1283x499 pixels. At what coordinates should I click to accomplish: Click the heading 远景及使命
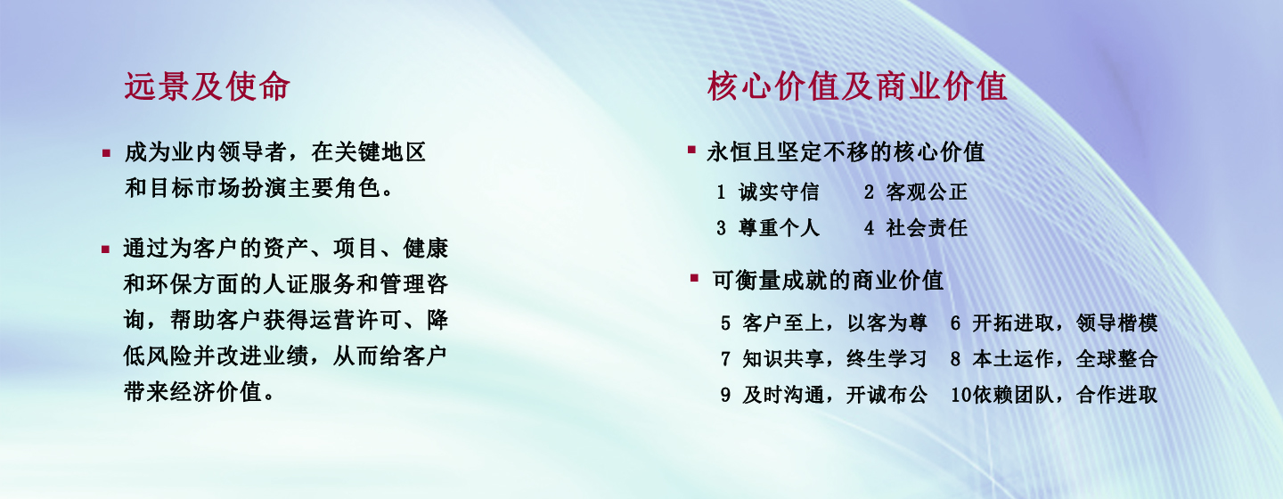click(208, 86)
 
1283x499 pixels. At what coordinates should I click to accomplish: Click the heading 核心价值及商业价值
click(857, 86)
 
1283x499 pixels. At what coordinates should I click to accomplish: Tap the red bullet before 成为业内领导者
click(106, 153)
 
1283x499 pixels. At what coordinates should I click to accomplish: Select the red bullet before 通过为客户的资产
click(105, 250)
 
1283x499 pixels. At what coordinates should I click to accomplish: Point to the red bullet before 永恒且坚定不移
click(691, 150)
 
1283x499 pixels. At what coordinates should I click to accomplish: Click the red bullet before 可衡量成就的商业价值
click(694, 278)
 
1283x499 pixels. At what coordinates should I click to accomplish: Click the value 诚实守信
click(779, 192)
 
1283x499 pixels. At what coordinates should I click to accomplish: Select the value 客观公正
click(927, 192)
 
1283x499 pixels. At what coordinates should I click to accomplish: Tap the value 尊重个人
click(779, 228)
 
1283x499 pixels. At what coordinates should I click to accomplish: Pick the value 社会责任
click(927, 228)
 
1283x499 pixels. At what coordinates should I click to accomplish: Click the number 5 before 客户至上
click(725, 323)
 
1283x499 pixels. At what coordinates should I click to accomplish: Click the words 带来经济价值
click(193, 392)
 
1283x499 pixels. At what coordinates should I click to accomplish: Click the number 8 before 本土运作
click(955, 359)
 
